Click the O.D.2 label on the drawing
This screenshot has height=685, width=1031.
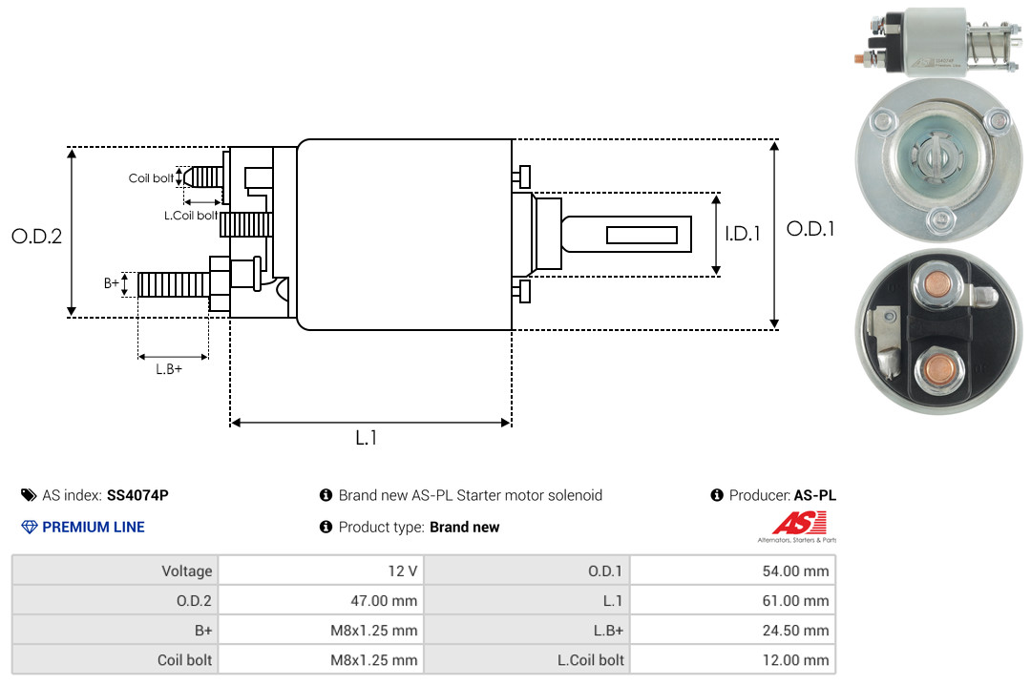(37, 236)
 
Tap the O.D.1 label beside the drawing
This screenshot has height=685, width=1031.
(810, 229)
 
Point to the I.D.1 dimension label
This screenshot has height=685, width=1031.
(743, 234)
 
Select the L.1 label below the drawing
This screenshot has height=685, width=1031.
(367, 438)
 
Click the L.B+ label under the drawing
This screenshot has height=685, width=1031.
(169, 369)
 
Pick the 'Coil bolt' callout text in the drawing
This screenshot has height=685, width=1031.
(151, 178)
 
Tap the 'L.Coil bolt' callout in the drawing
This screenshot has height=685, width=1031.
(191, 215)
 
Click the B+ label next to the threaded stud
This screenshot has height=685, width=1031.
(112, 283)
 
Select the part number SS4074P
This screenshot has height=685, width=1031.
(137, 495)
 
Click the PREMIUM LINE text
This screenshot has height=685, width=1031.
(94, 527)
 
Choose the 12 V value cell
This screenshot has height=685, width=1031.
(321, 571)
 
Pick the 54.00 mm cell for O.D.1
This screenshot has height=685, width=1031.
(732, 571)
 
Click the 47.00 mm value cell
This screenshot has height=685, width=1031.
(321, 600)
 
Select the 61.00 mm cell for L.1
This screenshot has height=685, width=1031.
(732, 600)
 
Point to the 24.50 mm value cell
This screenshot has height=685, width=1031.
(732, 631)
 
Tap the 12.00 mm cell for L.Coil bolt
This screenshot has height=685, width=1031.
(732, 659)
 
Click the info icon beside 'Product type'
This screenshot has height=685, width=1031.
(326, 527)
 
